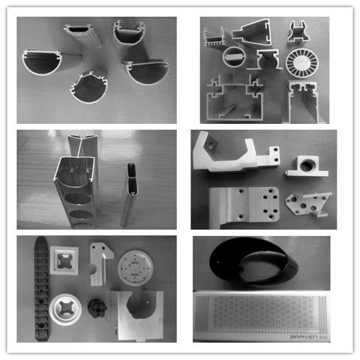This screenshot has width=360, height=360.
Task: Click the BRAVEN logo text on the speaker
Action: pyautogui.click(x=301, y=336)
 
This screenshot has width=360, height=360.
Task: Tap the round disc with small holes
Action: pyautogui.click(x=134, y=268)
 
